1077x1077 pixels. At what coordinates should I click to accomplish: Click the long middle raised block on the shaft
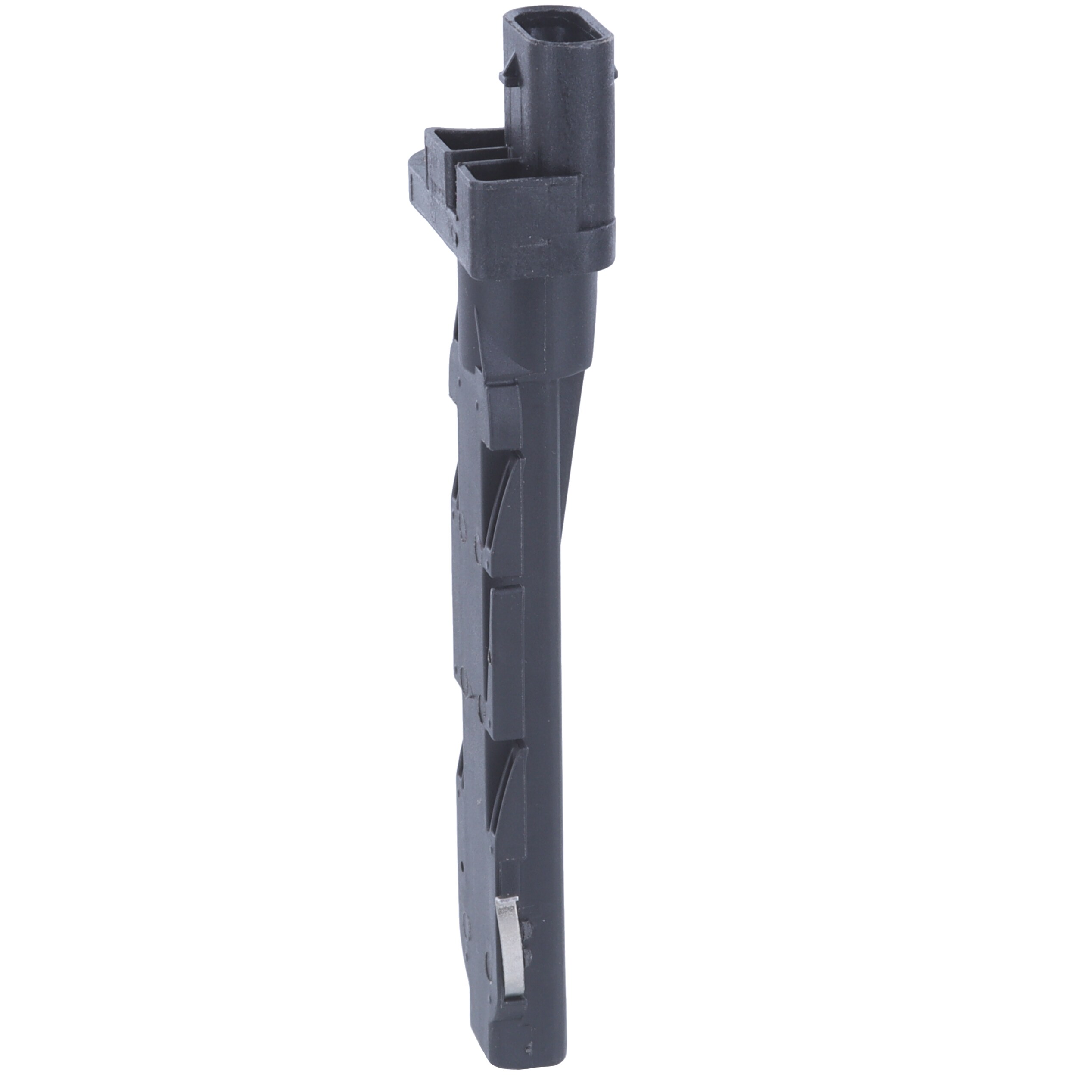pos(506,658)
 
